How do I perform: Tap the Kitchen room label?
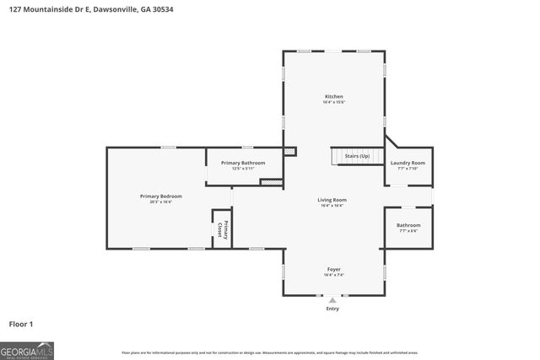click(x=334, y=97)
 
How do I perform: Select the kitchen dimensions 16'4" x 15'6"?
click(x=334, y=103)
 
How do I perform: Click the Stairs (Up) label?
click(x=357, y=156)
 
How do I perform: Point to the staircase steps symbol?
click(x=344, y=157)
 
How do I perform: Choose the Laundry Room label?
click(x=408, y=163)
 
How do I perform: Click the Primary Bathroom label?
click(x=243, y=162)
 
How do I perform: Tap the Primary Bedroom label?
click(x=160, y=196)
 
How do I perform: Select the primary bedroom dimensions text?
click(x=160, y=202)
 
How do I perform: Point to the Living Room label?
click(x=332, y=200)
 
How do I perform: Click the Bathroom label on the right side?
click(x=408, y=225)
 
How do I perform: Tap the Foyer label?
click(x=333, y=269)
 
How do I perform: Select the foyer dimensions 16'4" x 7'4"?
click(x=333, y=276)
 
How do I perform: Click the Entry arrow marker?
click(x=332, y=299)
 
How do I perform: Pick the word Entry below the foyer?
click(x=332, y=309)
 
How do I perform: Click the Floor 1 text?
click(x=21, y=324)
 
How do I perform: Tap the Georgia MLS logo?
click(x=27, y=350)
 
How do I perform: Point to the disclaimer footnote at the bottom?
click(x=270, y=352)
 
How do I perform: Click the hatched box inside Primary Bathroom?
click(x=270, y=181)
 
